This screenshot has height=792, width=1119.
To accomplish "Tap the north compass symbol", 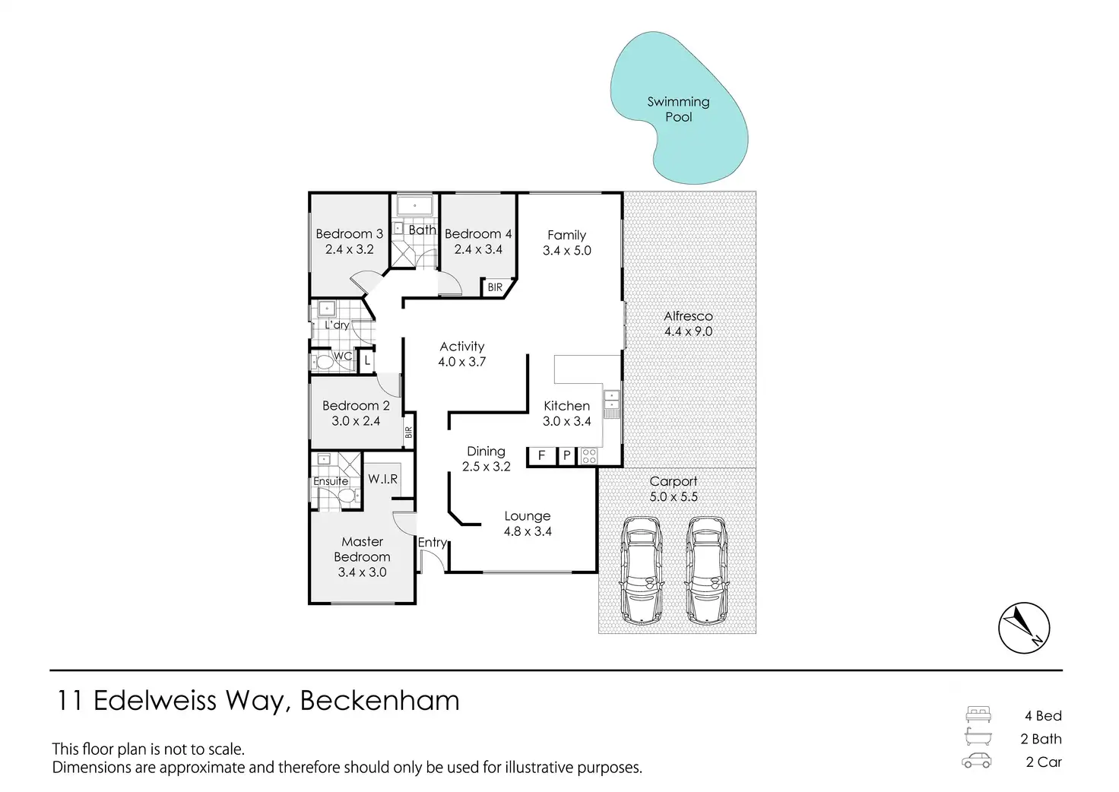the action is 1023,629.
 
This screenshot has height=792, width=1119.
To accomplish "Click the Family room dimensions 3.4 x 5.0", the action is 566,251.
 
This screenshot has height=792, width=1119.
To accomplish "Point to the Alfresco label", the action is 688,316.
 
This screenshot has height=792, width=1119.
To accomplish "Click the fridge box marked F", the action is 541,455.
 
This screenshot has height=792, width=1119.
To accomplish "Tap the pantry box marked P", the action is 566,455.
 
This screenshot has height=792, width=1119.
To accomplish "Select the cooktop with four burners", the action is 588,456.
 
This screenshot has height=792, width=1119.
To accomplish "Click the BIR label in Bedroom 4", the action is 495,287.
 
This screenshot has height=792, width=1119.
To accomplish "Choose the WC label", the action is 343,356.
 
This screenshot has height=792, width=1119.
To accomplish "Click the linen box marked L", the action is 367,360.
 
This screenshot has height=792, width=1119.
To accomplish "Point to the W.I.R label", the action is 382,479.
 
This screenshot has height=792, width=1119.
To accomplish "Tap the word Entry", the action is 432,542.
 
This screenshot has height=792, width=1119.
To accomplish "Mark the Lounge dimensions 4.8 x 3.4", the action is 528,531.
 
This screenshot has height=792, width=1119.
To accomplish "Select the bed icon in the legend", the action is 978,714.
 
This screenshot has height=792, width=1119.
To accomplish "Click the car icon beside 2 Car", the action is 977,761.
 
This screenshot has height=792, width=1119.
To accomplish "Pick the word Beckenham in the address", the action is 379,700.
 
